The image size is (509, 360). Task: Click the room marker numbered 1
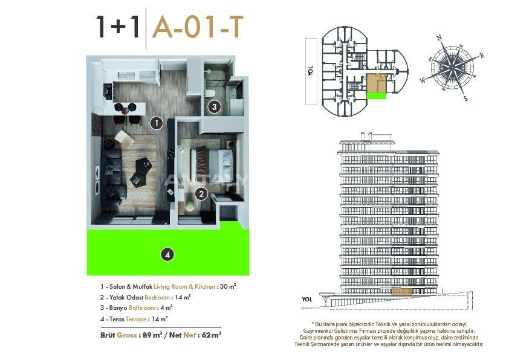[157, 123]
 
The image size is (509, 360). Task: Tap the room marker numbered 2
[201, 194]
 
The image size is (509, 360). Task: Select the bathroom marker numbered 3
[214, 106]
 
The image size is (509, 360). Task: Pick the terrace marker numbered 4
[167, 254]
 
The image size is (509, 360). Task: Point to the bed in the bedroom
[212, 161]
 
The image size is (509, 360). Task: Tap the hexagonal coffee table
[141, 172]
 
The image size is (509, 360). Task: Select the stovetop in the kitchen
[108, 91]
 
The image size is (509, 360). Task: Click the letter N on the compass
[439, 37]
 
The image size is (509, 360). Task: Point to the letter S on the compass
[465, 98]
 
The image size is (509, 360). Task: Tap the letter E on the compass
[482, 56]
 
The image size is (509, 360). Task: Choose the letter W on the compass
[423, 80]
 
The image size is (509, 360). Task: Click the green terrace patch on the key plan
[377, 95]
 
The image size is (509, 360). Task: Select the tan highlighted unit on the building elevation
[401, 291]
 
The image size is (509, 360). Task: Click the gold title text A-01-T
[198, 28]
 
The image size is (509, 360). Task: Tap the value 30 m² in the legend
[228, 286]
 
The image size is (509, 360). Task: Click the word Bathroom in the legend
[142, 308]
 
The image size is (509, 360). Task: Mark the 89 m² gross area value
[152, 335]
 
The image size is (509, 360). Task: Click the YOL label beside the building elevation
[306, 300]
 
